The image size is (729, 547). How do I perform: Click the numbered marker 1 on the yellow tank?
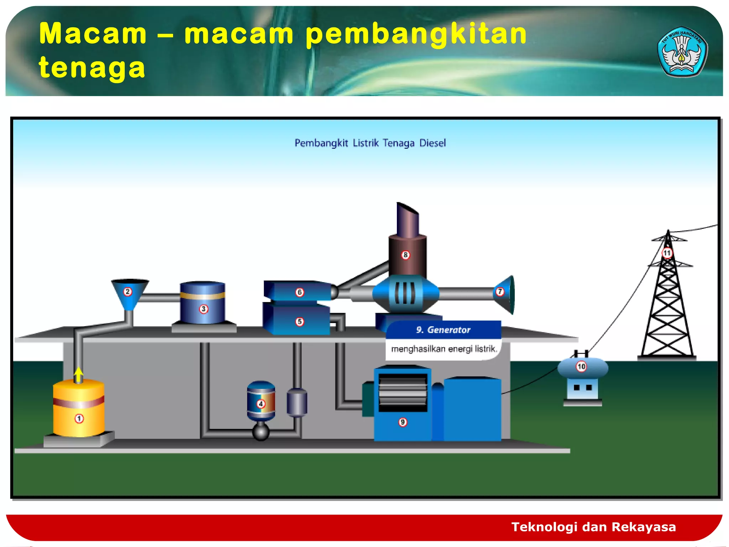(79, 418)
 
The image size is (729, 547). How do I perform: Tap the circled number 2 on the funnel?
(127, 292)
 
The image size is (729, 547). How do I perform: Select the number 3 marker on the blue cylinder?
(203, 309)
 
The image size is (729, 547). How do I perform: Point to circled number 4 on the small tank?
(261, 404)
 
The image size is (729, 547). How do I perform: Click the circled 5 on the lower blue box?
(300, 322)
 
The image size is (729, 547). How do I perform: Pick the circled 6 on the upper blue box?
(300, 292)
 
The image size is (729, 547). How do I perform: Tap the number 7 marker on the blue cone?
(500, 292)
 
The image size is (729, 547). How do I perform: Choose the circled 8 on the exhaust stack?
(405, 255)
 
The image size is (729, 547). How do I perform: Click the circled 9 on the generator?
(403, 422)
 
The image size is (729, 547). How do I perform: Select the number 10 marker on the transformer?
(581, 366)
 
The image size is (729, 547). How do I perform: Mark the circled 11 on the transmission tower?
(667, 253)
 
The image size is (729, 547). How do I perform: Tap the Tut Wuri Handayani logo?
(681, 52)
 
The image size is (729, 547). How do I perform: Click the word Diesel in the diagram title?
(432, 143)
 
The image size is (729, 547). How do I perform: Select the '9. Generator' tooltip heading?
(443, 330)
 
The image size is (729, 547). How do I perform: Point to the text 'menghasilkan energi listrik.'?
(444, 349)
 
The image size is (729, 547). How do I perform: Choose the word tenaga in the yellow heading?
(92, 68)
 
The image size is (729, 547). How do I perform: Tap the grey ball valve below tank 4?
(261, 432)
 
